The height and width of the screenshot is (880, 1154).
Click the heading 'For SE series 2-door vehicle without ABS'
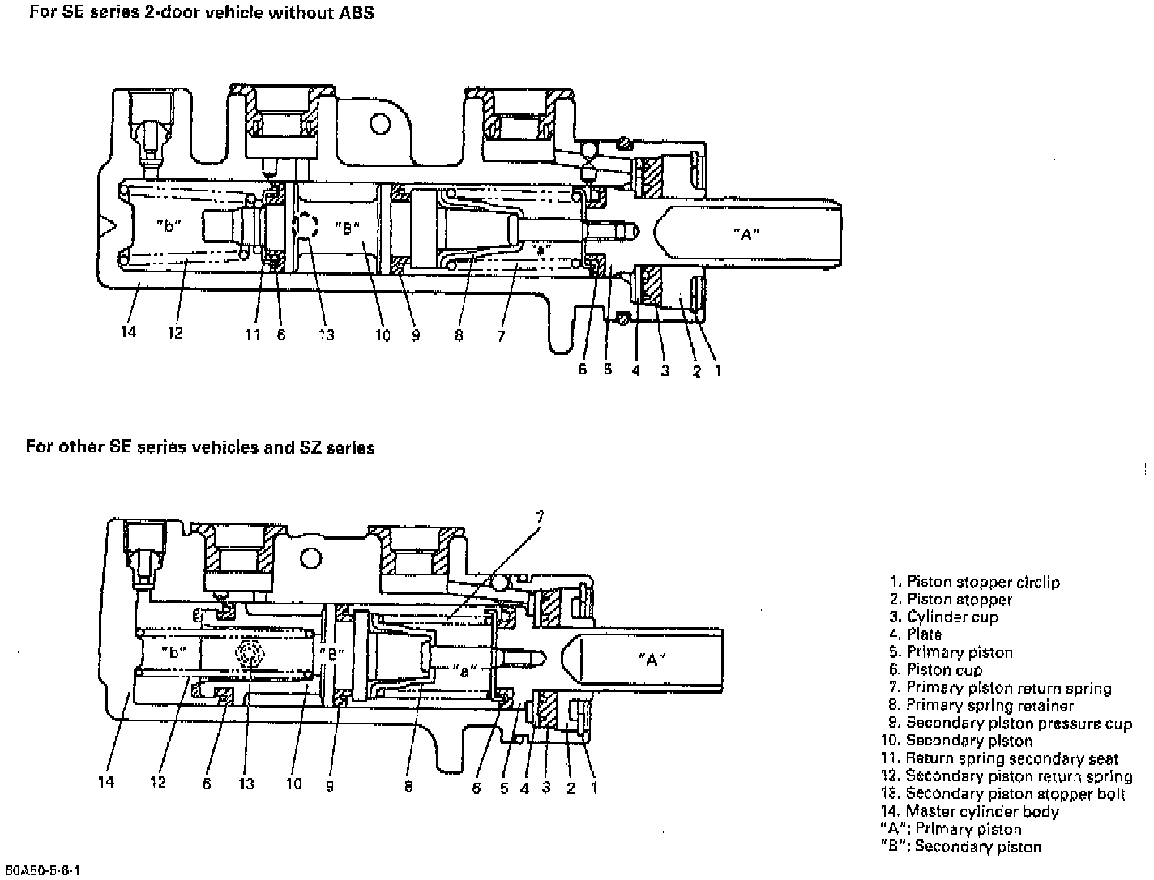201,13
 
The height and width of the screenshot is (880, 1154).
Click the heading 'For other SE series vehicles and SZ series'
199,447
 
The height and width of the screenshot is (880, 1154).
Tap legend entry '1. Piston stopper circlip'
974,582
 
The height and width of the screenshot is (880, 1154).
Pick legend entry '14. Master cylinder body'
970,811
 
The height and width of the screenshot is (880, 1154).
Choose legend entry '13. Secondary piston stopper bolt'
1003,794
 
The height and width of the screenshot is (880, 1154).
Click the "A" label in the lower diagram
652,659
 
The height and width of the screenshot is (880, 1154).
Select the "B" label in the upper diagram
346,228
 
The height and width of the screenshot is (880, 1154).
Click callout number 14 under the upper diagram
128,331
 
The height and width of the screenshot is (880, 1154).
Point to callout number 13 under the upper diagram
326,334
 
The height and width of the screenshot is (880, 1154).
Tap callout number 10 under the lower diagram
293,783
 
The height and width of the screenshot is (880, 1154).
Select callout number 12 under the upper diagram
175,332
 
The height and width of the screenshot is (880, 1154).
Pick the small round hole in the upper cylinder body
379,123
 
